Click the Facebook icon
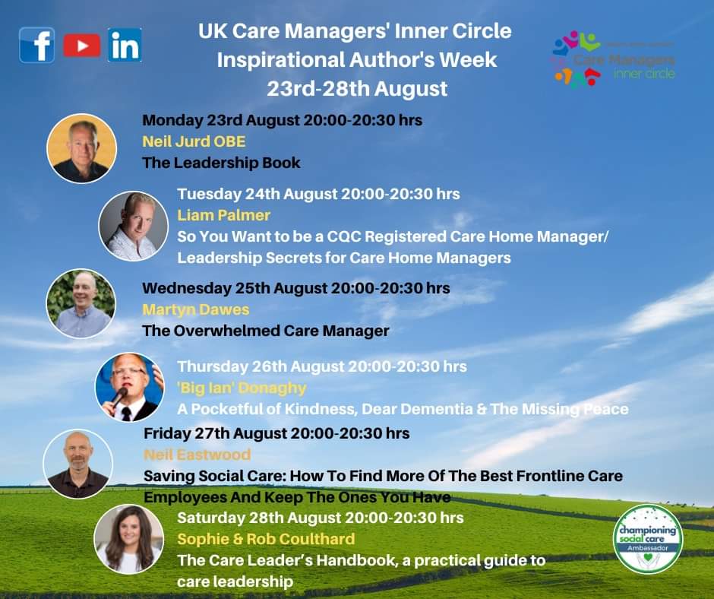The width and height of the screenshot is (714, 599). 36,45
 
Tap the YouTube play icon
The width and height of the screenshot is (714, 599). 81,46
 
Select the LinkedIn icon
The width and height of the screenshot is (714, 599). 125,45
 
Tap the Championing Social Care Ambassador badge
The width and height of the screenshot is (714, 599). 648,539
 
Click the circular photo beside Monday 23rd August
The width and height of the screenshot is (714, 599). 81,148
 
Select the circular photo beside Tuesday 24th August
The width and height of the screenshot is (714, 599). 133,226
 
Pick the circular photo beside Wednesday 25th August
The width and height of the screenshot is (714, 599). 81,304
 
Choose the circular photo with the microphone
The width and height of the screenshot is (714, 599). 129,387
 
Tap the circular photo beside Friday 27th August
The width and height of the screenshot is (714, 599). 77,464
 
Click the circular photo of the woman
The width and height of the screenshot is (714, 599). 128,538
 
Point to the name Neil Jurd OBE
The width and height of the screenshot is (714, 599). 194,141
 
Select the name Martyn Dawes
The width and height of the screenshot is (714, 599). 195,309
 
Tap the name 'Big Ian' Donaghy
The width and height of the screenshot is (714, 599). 242,388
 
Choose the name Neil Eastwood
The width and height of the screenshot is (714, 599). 197,455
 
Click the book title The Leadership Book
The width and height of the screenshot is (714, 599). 221,163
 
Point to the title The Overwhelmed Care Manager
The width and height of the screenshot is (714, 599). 265,331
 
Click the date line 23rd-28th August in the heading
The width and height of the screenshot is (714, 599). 356,89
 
